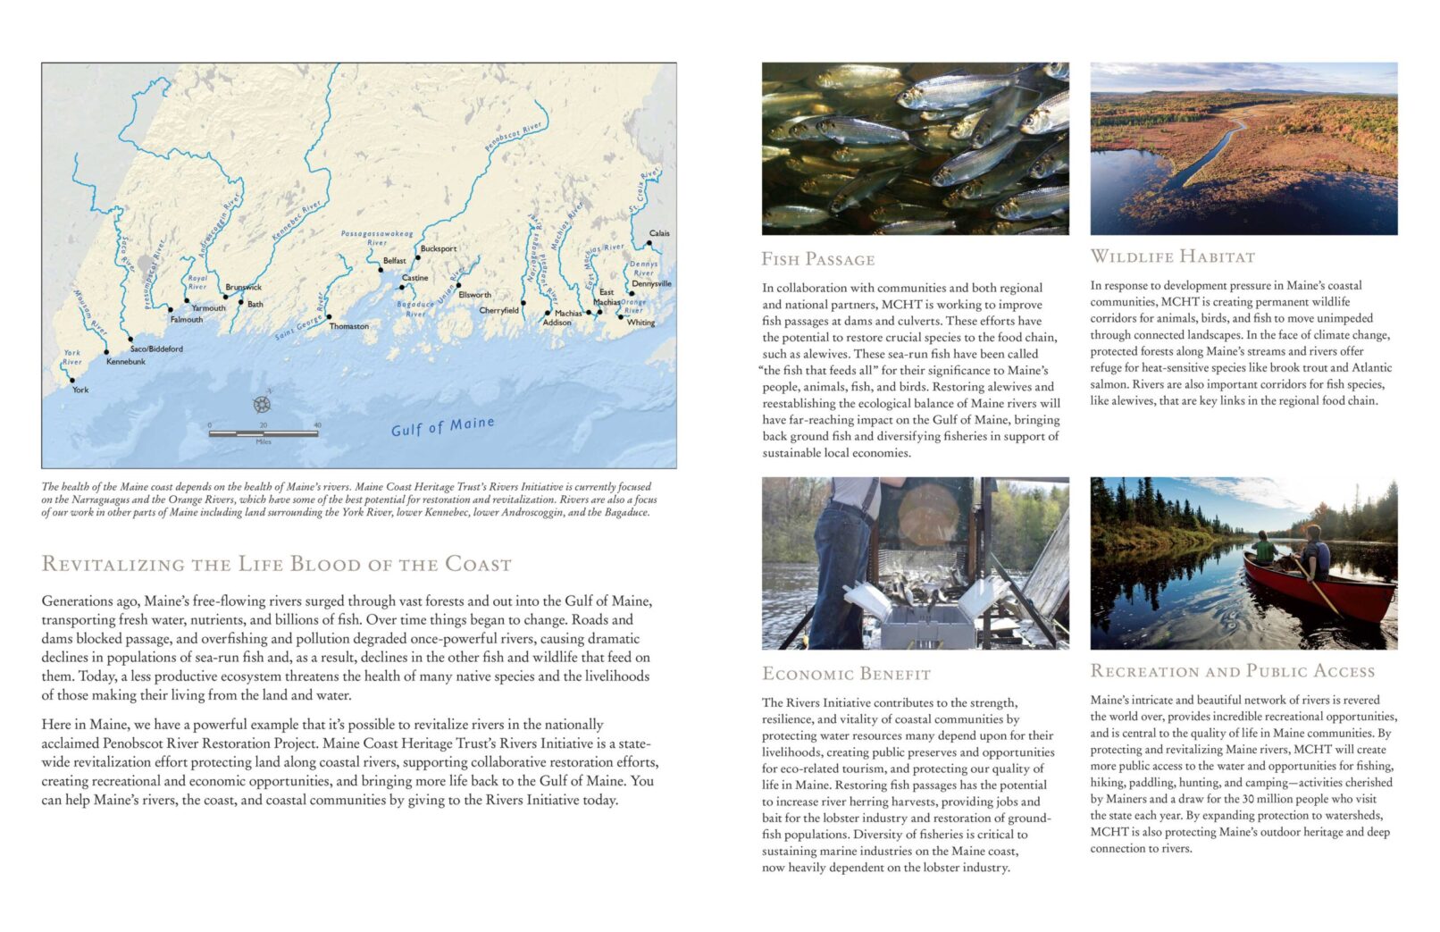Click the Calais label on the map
pos(659,233)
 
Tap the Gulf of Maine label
pos(442,426)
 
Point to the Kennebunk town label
pos(126,362)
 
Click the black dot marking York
pos(72,381)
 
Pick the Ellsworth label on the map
pos(474,295)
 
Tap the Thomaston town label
pos(348,326)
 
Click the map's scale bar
pos(263,433)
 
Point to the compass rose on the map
pos(262,404)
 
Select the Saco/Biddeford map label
pos(156,348)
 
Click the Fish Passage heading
pos(817,260)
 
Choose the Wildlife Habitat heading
pos(1172,257)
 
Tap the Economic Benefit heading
pos(846,675)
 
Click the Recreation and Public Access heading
pos(1232,672)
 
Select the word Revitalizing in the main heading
pos(112,565)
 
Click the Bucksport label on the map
pos(438,248)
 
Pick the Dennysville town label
pos(651,284)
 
